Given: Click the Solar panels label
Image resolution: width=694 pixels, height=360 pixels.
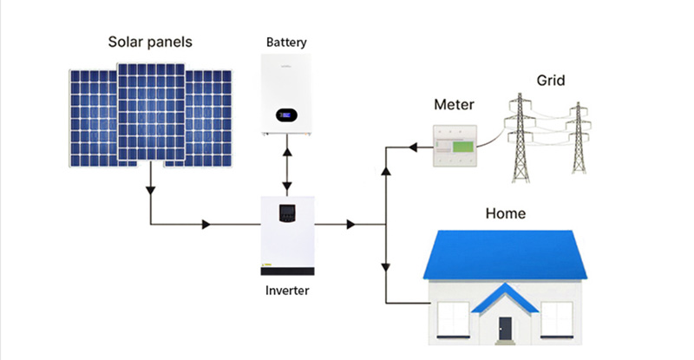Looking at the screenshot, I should (x=149, y=42).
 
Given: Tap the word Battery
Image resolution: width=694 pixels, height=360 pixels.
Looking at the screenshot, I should (x=286, y=43).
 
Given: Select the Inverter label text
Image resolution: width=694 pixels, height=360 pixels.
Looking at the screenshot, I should (x=286, y=290).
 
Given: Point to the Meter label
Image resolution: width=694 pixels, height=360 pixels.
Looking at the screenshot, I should (x=454, y=105).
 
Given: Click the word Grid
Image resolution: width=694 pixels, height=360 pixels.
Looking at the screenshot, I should (x=550, y=81).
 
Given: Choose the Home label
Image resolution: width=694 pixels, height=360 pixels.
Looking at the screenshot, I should (x=506, y=213).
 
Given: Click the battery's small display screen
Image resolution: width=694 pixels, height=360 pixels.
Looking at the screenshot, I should (x=285, y=113).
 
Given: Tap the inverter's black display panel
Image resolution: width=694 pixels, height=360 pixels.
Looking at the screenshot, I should (x=285, y=211).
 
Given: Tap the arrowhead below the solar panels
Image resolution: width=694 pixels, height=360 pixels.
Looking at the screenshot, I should (x=151, y=187).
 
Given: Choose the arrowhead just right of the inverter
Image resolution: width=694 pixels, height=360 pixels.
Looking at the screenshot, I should (x=350, y=225).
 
